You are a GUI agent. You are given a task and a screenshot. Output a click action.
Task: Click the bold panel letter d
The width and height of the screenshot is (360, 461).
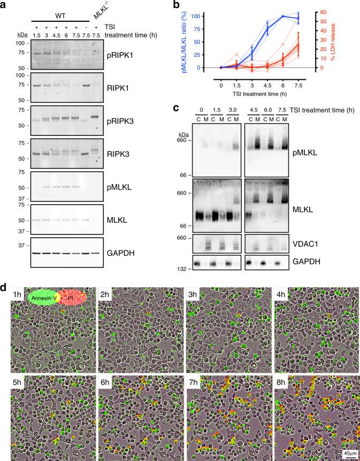4,286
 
